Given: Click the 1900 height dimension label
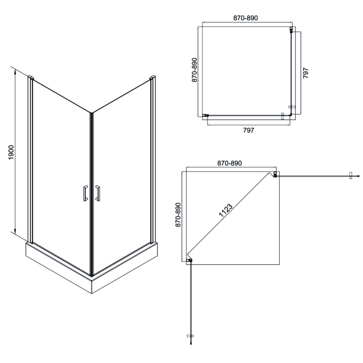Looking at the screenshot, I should pyautogui.click(x=12, y=153).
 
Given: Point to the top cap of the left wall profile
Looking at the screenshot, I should pyautogui.click(x=30, y=77).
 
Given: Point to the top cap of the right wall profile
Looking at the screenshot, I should pyautogui.click(x=152, y=80).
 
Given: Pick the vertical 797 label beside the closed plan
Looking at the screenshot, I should pyautogui.click(x=306, y=74).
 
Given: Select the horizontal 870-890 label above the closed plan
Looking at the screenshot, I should pyautogui.click(x=245, y=18).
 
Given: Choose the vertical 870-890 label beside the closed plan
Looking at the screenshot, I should pyautogui.click(x=194, y=69).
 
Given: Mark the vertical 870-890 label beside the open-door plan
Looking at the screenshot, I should pyautogui.click(x=178, y=215).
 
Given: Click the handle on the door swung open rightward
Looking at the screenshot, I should pyautogui.click(x=351, y=175).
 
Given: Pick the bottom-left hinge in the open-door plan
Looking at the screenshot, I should pyautogui.click(x=190, y=260).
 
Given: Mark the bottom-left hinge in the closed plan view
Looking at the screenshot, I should pyautogui.click(x=206, y=115).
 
